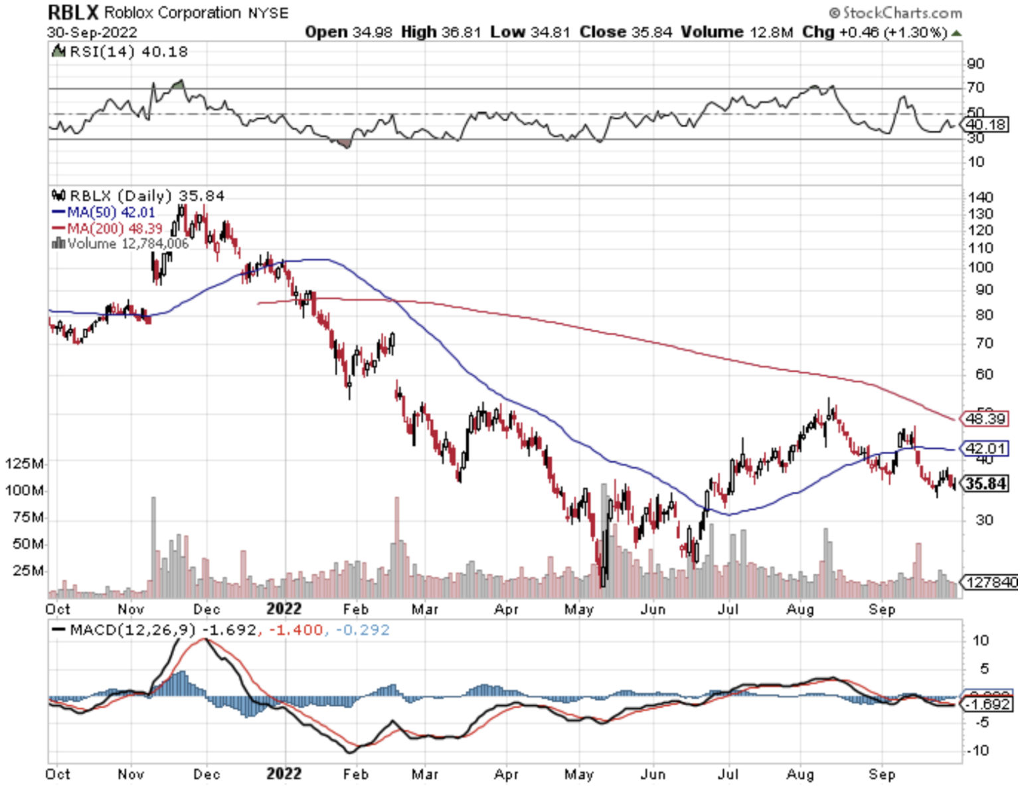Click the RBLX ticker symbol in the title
pos(73,13)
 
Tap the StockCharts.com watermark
pos(896,13)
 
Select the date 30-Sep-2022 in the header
pos(92,33)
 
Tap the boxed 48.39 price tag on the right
pos(985,419)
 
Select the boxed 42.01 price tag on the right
pos(985,449)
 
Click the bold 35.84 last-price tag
pos(985,484)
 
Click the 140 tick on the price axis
pos(980,197)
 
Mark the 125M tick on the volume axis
pos(25,463)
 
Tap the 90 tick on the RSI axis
pos(976,64)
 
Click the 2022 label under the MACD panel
pos(284,774)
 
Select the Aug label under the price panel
pos(800,609)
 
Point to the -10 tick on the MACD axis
pos(977,751)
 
